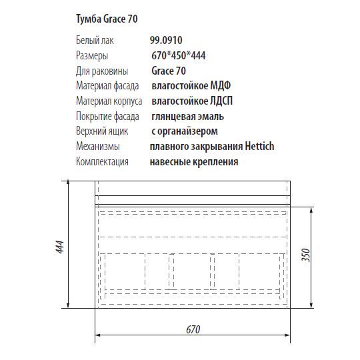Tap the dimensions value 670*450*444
click(x=178, y=56)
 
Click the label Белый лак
click(x=95, y=41)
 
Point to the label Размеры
click(x=92, y=56)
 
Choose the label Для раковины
click(x=100, y=71)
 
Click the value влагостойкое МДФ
click(x=194, y=86)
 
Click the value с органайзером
click(x=185, y=131)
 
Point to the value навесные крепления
click(x=194, y=162)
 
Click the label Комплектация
click(x=102, y=162)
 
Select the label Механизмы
click(x=97, y=147)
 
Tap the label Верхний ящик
click(x=102, y=131)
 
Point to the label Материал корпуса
click(x=109, y=101)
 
